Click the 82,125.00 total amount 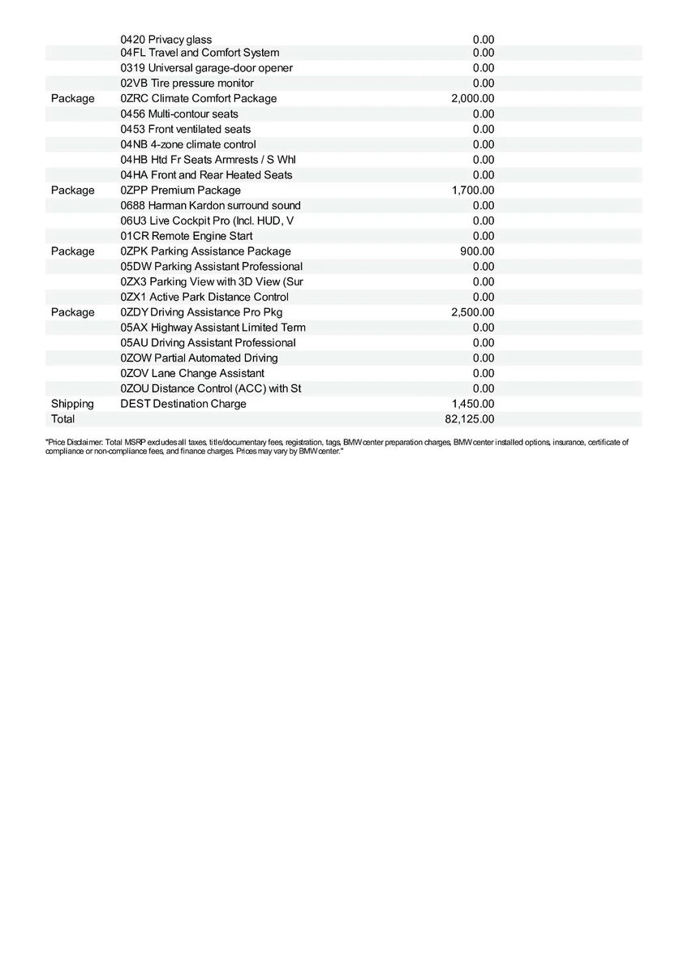tap(472, 419)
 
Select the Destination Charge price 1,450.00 tap(472, 404)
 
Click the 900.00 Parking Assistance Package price tap(476, 251)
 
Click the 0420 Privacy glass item tap(166, 39)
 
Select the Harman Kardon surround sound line tap(210, 205)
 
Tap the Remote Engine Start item tap(186, 236)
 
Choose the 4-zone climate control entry tap(187, 144)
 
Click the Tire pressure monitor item tap(187, 83)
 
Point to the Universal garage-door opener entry tap(206, 68)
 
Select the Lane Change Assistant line tap(191, 373)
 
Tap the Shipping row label tap(72, 404)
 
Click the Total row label tap(62, 419)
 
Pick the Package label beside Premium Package tap(72, 190)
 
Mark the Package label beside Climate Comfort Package tap(72, 98)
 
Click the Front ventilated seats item tap(185, 129)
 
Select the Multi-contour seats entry tap(178, 114)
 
